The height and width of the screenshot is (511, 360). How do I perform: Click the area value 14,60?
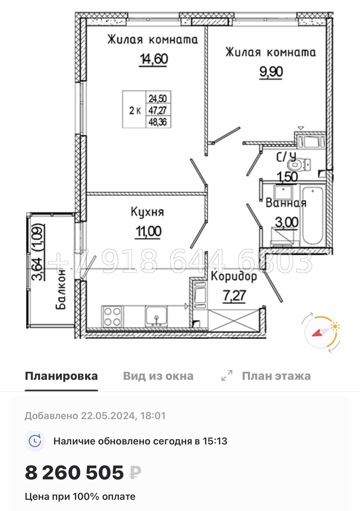click(x=154, y=59)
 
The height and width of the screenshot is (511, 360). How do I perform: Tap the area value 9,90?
click(x=271, y=72)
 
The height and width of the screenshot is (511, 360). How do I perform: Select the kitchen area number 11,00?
click(x=148, y=232)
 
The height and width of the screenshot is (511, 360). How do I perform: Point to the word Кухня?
click(x=147, y=212)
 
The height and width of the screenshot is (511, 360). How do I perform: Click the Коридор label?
click(x=234, y=276)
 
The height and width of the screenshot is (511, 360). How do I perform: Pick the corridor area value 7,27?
click(x=234, y=296)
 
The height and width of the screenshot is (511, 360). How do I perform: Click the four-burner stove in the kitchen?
click(x=112, y=316)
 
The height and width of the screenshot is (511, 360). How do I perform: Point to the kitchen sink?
click(x=156, y=316)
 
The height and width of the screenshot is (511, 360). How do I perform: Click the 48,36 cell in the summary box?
click(x=158, y=122)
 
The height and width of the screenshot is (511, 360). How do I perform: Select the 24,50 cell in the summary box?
click(x=158, y=98)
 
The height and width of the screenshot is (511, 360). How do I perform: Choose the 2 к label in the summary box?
click(x=135, y=110)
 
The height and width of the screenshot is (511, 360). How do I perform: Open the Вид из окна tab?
click(x=158, y=376)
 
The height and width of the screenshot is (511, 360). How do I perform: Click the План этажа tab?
click(x=276, y=376)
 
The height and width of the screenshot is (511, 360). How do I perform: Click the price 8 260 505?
click(x=74, y=473)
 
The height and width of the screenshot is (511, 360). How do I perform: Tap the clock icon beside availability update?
click(x=35, y=441)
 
